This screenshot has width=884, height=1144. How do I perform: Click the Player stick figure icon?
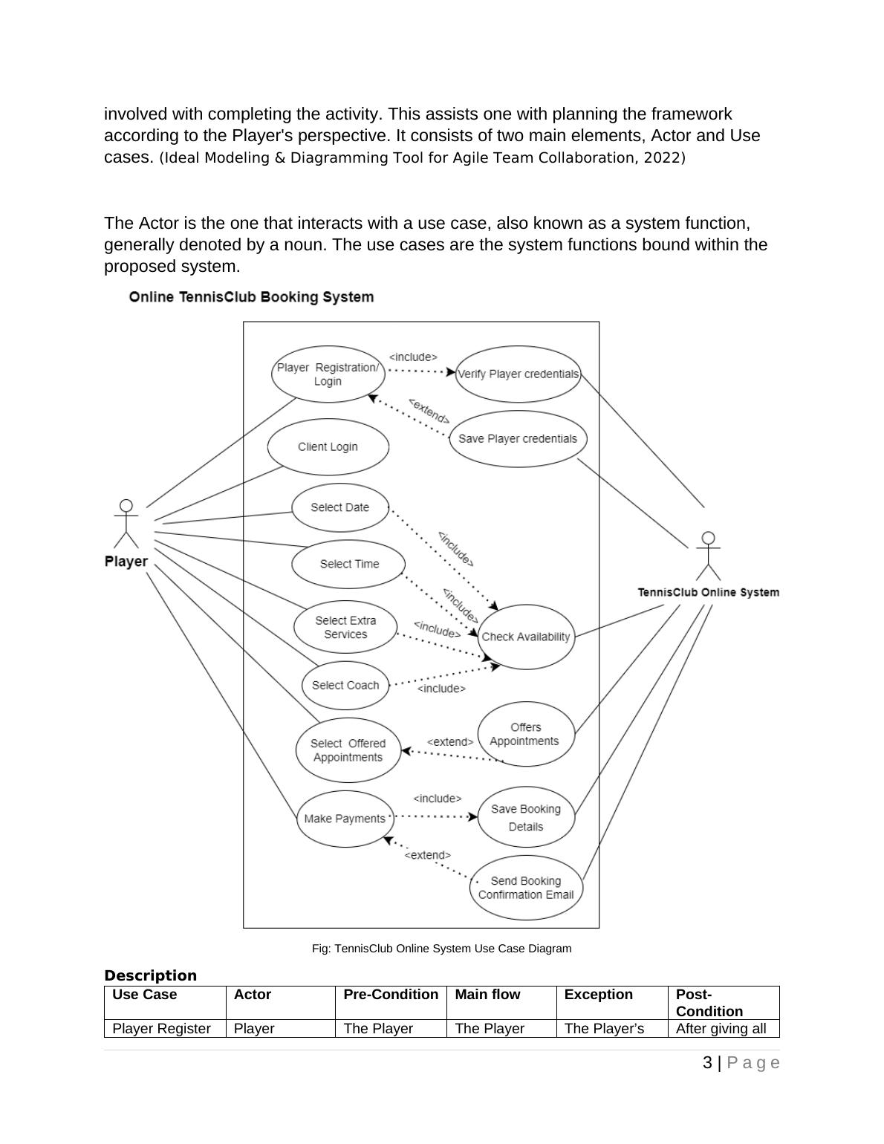click(126, 523)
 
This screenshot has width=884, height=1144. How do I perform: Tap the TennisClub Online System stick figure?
click(709, 556)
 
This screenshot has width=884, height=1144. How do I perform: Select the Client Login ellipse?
click(328, 446)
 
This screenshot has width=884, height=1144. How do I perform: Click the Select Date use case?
click(340, 507)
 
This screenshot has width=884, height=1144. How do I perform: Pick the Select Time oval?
click(349, 564)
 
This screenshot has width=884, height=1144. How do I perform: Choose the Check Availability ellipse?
click(526, 637)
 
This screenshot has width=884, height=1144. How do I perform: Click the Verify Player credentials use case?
click(518, 374)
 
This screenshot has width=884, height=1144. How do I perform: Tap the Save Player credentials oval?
click(518, 438)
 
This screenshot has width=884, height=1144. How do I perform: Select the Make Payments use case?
click(345, 819)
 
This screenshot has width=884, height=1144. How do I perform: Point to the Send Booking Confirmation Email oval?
click(526, 888)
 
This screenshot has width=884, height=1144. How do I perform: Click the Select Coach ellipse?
click(345, 685)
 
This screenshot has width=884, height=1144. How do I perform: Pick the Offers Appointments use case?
click(525, 734)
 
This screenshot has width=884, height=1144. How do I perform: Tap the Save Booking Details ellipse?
click(526, 817)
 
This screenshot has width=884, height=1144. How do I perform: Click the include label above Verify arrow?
click(413, 357)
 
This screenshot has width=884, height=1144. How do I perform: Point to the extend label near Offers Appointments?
click(450, 742)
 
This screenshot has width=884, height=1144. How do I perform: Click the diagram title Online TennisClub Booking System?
click(251, 297)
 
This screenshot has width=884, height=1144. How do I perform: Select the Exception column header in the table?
click(599, 995)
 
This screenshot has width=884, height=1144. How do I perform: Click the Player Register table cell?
click(162, 1029)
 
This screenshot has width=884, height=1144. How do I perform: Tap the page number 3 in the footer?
click(707, 1063)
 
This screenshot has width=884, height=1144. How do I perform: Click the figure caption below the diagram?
click(441, 949)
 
